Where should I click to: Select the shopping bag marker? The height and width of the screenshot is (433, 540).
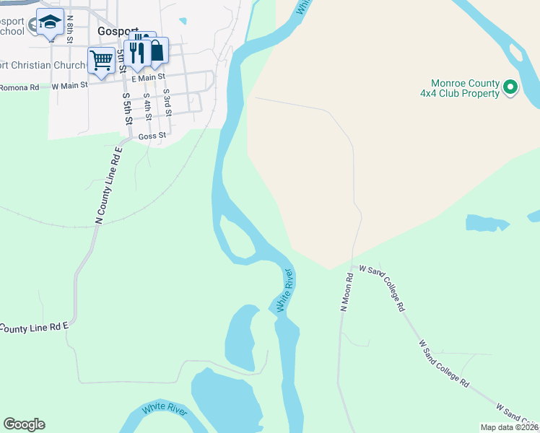155,51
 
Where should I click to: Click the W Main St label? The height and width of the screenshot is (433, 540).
69,85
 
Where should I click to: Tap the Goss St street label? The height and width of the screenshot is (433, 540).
152,135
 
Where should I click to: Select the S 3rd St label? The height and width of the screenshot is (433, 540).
167,102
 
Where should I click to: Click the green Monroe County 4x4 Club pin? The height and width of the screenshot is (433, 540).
511,88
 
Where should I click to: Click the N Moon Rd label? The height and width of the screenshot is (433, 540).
347,292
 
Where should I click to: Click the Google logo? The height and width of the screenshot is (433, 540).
24,424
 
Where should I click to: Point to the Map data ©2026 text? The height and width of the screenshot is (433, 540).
509,427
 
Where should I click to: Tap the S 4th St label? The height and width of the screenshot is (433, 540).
147,105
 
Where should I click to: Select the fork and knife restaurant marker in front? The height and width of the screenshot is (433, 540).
136,51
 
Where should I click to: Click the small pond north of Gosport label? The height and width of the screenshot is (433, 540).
183,21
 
